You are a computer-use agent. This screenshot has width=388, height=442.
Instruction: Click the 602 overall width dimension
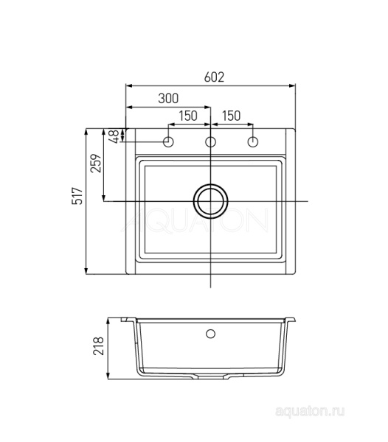coord(214,77)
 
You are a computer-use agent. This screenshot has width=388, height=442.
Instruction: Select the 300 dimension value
coord(168,99)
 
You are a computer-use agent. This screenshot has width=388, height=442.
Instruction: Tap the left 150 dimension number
coord(188,116)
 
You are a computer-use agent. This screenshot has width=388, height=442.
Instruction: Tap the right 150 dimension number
coord(232,116)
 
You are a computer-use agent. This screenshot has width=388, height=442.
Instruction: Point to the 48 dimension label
coord(115,137)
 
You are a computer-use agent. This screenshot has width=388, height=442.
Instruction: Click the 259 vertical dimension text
coord(95,164)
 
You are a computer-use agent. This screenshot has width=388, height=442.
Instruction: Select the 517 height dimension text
coord(77,196)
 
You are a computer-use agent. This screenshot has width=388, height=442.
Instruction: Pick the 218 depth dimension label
coord(99,346)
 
